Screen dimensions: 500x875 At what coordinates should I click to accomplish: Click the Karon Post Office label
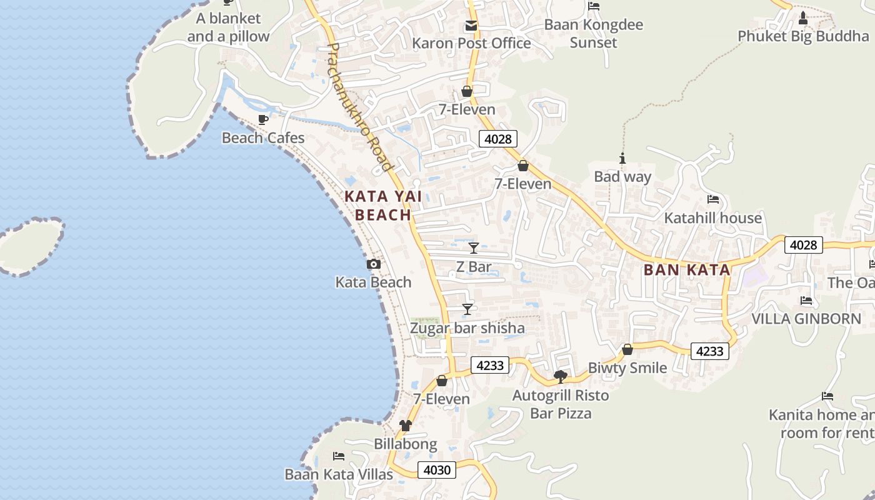(471, 43)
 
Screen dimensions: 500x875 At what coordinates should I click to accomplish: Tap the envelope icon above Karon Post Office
(471, 26)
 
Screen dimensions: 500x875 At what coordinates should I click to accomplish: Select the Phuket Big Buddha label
(803, 36)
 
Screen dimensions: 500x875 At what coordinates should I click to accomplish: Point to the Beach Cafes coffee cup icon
(263, 119)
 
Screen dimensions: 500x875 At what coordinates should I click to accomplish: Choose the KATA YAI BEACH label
(378, 206)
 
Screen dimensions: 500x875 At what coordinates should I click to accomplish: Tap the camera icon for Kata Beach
(373, 264)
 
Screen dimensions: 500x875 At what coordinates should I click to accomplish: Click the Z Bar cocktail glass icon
(474, 248)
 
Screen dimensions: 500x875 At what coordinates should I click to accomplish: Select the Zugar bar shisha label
(467, 328)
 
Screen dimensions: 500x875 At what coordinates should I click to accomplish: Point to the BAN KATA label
(687, 270)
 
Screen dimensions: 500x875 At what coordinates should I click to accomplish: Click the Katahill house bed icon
(713, 199)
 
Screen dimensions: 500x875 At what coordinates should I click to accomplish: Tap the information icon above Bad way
(622, 158)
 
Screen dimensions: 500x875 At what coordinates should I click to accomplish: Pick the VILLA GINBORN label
(806, 319)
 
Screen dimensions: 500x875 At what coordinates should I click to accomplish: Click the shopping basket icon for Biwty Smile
(627, 349)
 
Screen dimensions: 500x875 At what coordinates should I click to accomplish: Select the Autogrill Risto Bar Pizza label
(561, 404)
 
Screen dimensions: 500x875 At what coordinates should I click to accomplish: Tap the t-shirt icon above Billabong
(406, 426)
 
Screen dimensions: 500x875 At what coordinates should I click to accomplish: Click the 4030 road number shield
(437, 469)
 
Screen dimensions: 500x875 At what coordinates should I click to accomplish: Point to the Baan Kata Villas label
(339, 474)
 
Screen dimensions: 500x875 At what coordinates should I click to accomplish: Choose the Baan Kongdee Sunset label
(593, 34)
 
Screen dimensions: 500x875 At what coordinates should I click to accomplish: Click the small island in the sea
(30, 245)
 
